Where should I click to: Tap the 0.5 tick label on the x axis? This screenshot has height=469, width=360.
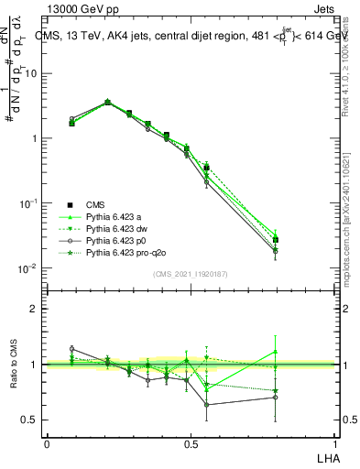click(x=190, y=443)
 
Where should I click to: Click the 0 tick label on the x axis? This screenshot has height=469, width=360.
click(x=47, y=443)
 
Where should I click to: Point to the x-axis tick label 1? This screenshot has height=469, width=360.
click(x=334, y=443)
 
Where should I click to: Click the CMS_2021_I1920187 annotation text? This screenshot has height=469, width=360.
click(x=190, y=274)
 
